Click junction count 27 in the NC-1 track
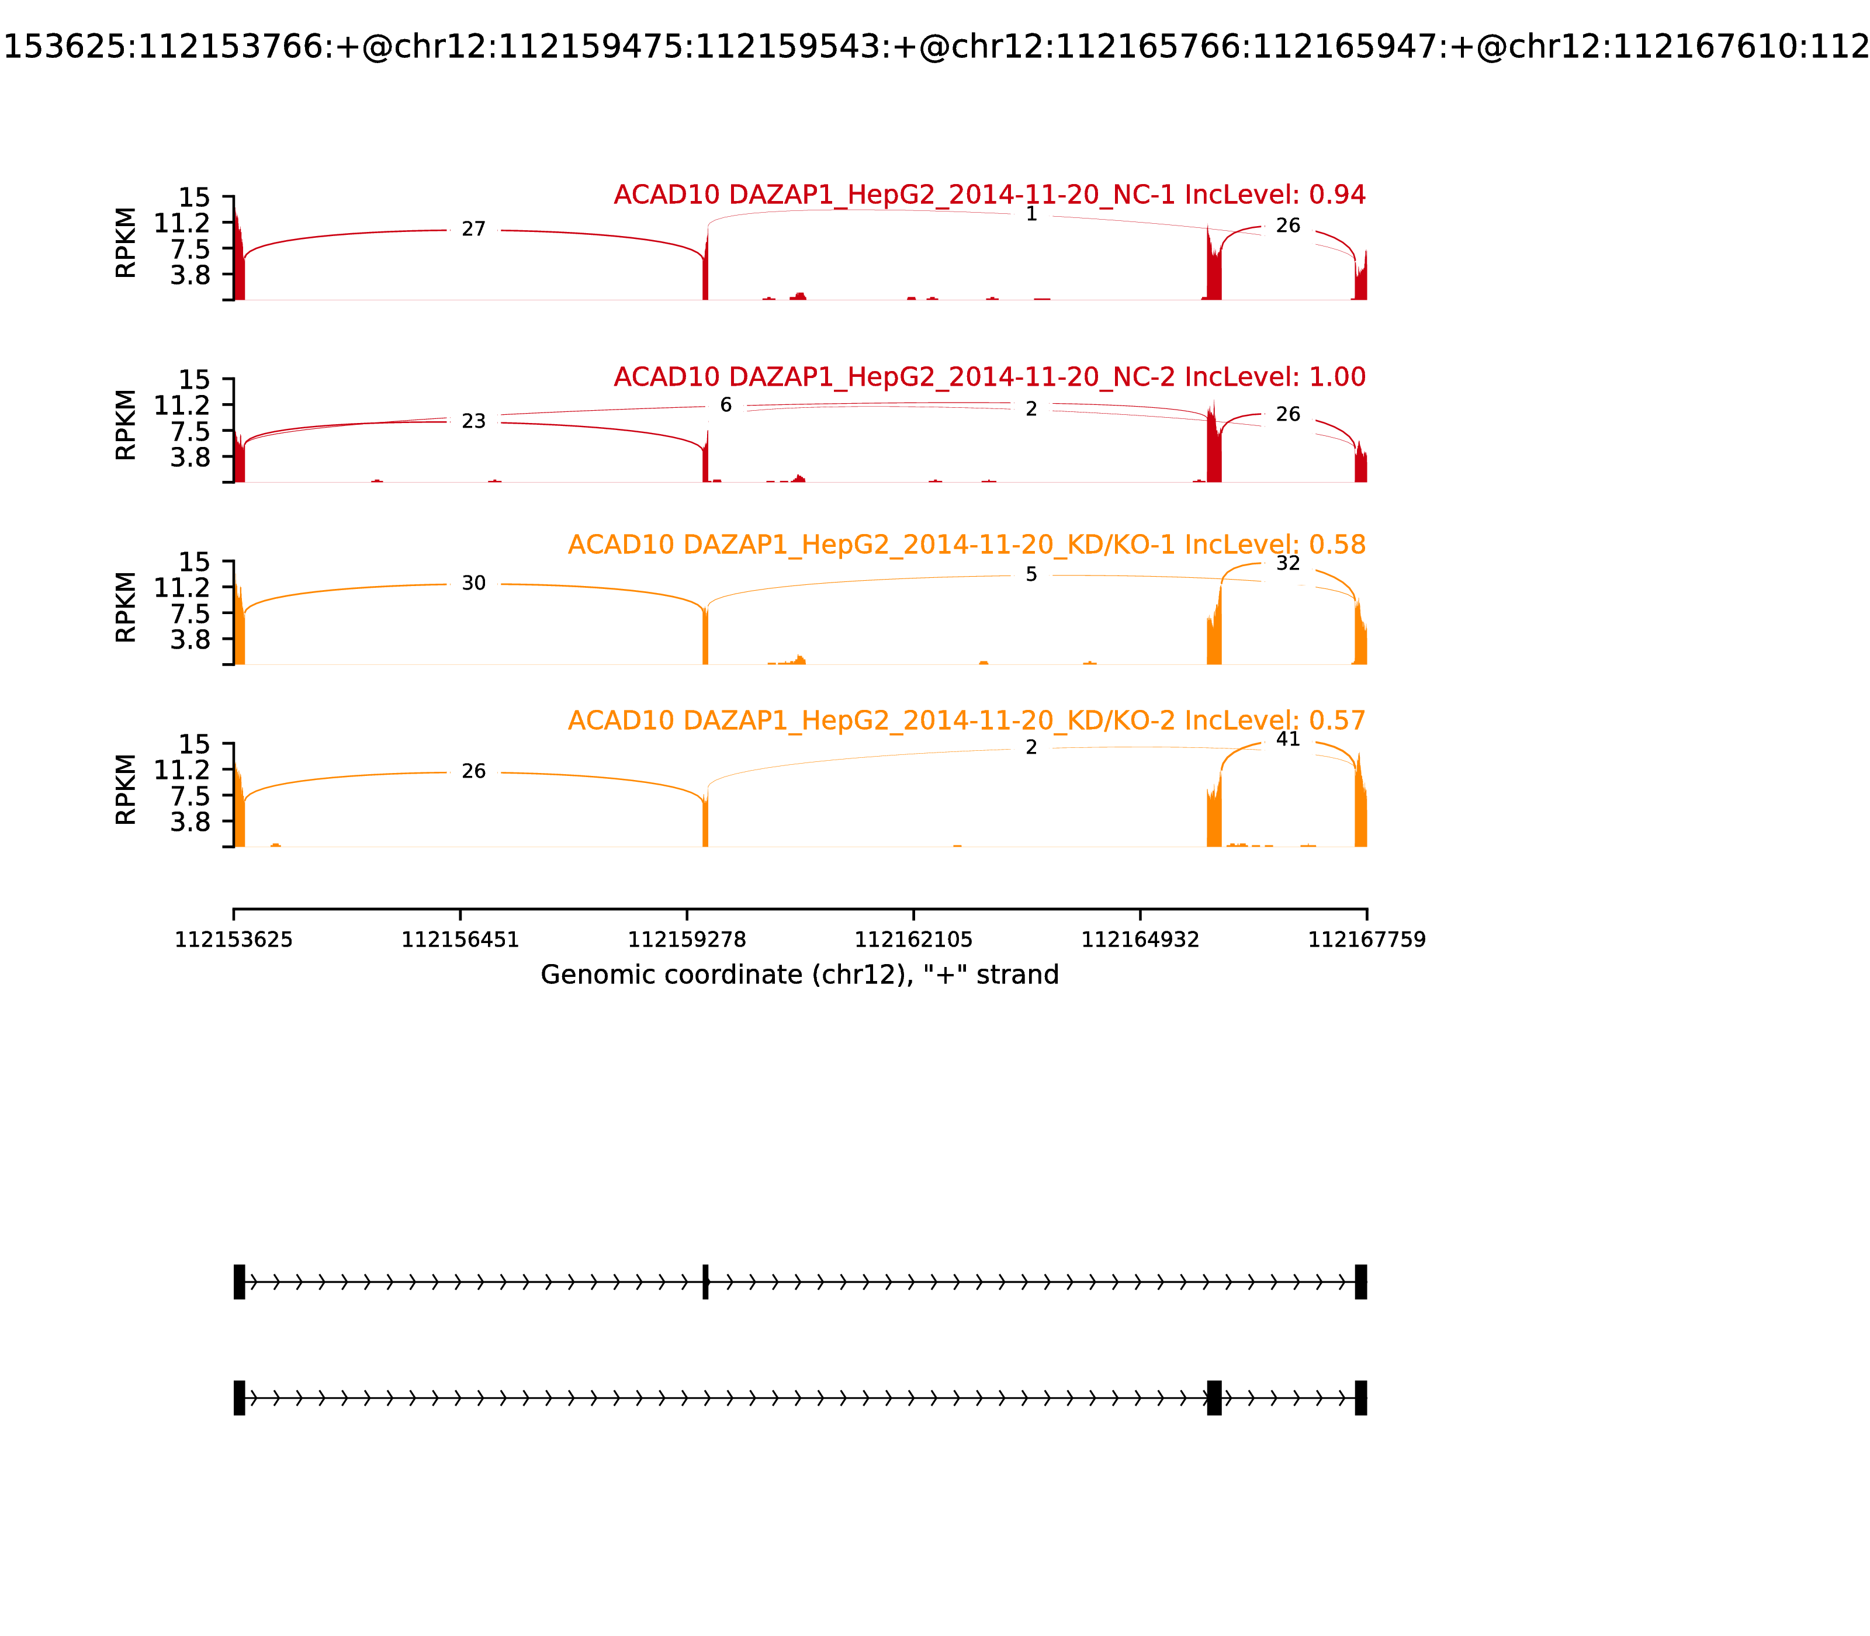tap(473, 229)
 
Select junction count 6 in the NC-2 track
tap(726, 405)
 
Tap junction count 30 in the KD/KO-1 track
tap(473, 583)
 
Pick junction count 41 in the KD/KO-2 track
tap(1287, 740)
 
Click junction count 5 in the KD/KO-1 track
tap(1031, 574)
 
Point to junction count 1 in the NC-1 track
tap(1031, 214)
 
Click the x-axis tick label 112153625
tap(234, 940)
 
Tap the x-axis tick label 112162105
tap(913, 940)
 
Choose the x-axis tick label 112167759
tap(1366, 940)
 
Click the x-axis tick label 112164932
tap(1140, 940)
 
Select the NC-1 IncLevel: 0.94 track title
tap(989, 195)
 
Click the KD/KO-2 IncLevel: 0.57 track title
tap(966, 720)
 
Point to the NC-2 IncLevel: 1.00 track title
tap(989, 377)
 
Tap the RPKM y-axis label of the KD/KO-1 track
tap(126, 607)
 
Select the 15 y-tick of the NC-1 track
tap(193, 198)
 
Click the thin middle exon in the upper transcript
tap(705, 1282)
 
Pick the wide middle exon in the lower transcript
tap(1214, 1398)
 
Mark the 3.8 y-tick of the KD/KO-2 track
tap(189, 822)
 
